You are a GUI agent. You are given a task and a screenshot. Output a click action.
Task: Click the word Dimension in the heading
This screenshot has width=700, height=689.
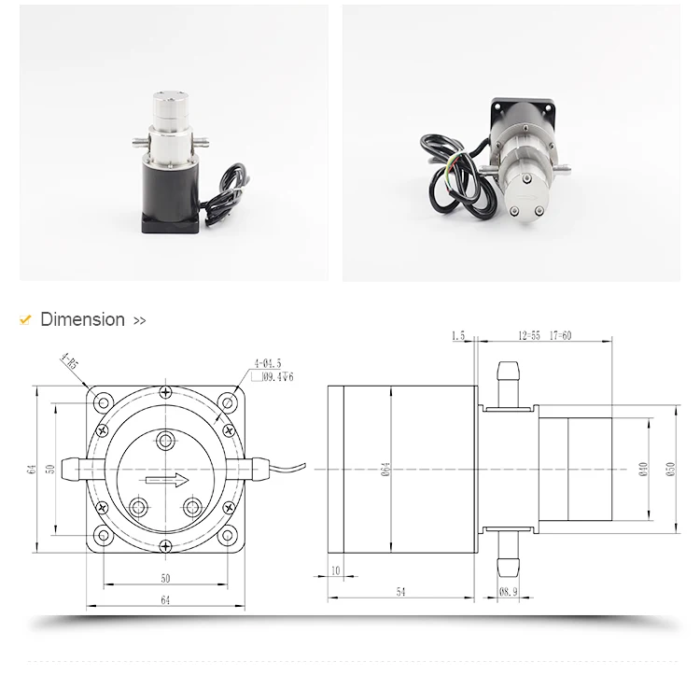(x=82, y=319)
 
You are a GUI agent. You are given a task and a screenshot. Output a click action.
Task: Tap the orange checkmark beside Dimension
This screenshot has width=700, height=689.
(x=25, y=319)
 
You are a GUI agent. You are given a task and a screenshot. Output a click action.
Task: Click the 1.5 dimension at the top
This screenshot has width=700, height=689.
(x=457, y=334)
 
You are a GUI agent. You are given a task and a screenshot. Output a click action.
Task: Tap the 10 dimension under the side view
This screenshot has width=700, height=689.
(x=334, y=569)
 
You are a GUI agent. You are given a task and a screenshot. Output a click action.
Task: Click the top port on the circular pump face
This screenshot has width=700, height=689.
(x=165, y=440)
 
